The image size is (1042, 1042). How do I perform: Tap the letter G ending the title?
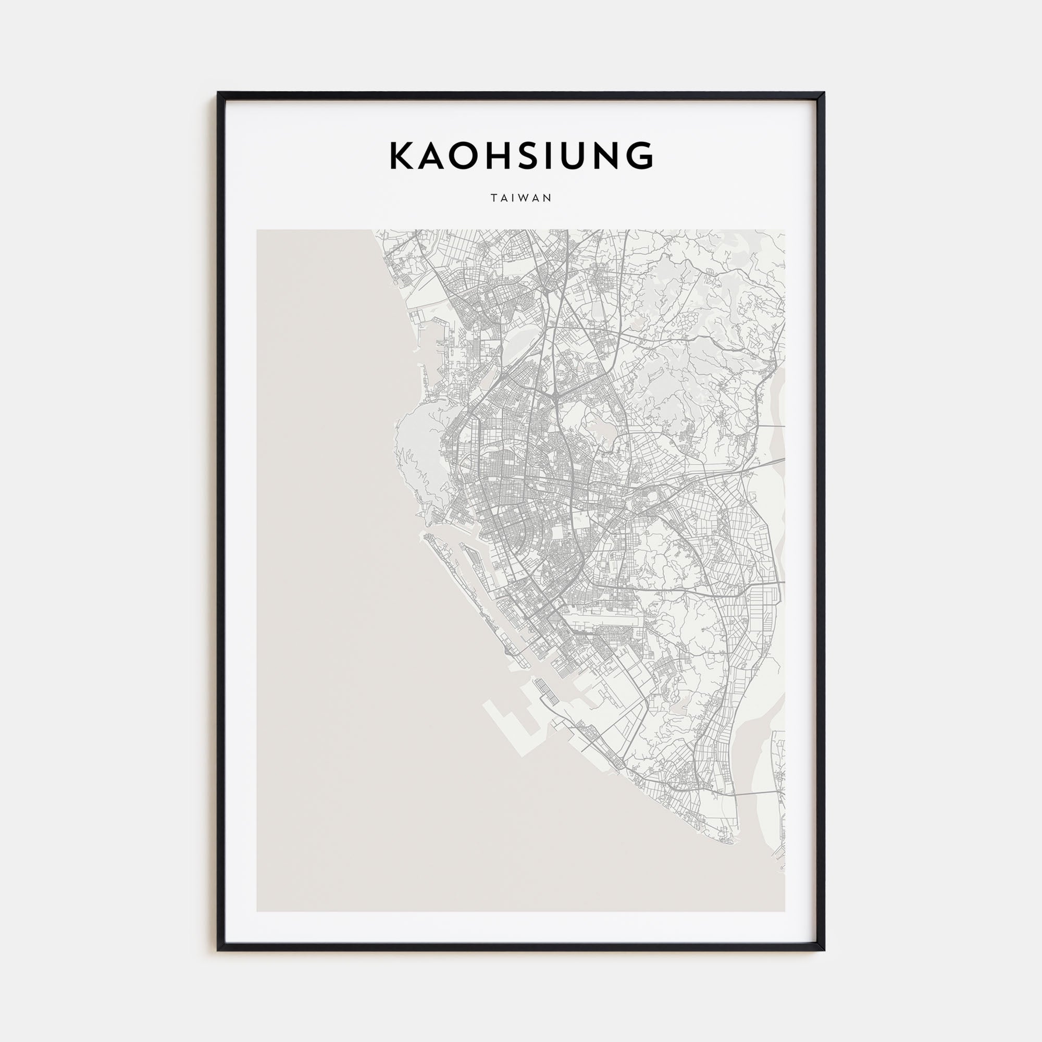(639, 156)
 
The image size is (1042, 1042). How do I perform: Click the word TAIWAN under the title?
(521, 198)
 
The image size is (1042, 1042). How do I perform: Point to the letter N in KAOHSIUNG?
(602, 156)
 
